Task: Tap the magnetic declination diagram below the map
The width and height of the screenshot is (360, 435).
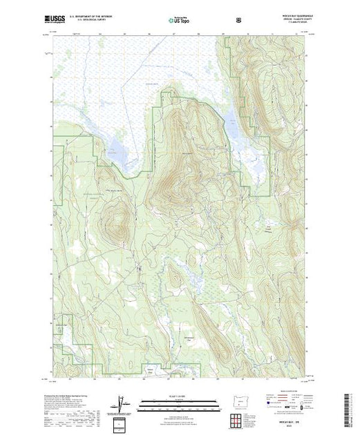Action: click(122, 403)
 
